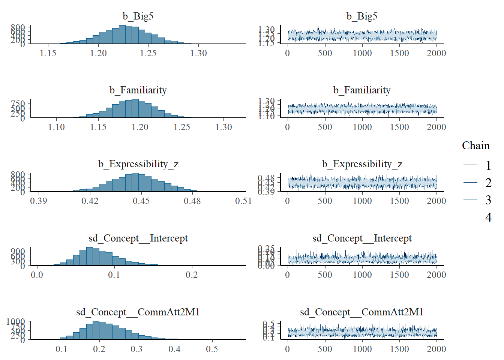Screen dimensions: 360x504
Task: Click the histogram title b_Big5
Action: pos(138,16)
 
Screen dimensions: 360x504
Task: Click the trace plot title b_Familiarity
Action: pos(362,90)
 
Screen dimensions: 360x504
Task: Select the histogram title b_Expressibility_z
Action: pos(138,164)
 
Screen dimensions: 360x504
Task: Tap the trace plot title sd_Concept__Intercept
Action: pos(362,238)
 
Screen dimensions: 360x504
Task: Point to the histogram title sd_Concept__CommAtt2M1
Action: pos(138,312)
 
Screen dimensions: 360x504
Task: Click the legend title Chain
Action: pos(475,145)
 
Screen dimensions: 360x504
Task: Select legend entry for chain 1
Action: pos(488,165)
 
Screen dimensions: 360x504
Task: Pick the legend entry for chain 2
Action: pos(488,183)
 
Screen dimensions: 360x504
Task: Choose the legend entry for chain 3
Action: pos(488,200)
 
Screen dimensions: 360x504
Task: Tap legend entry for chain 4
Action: pos(488,217)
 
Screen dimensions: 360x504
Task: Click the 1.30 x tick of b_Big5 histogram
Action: pos(198,53)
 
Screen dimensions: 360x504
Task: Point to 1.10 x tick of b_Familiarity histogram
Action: pos(56,127)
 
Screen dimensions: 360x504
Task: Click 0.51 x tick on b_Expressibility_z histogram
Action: pos(243,201)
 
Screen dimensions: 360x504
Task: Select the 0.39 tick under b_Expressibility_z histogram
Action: pos(39,201)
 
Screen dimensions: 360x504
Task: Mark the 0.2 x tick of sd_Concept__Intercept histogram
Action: pos(192,275)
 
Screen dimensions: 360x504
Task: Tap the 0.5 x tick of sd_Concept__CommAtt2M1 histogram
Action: pos(212,349)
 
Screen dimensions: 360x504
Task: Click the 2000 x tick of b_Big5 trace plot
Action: pos(436,53)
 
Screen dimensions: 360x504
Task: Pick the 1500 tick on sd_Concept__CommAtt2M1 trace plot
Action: pos(399,349)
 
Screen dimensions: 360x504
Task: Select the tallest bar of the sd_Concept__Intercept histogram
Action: pos(90,256)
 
